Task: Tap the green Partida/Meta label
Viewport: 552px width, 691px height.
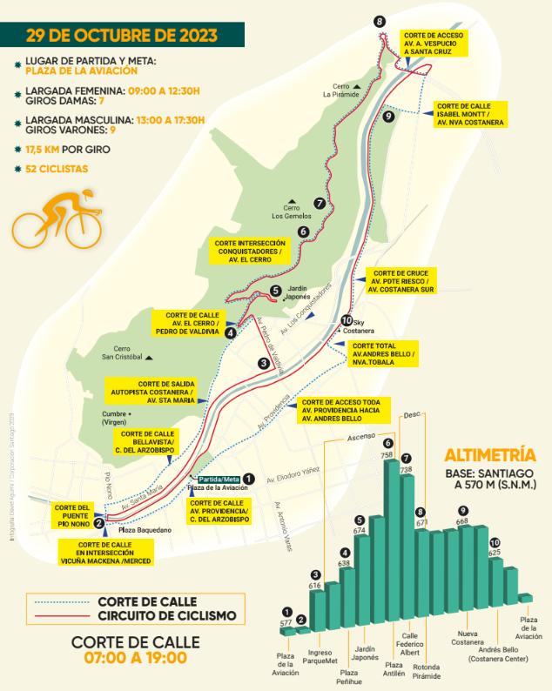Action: click(218, 480)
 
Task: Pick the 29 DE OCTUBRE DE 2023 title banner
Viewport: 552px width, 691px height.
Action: click(121, 37)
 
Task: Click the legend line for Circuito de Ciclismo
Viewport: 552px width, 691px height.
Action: click(57, 615)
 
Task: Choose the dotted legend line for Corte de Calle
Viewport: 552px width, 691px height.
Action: click(57, 601)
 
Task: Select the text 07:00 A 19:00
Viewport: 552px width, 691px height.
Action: click(135, 659)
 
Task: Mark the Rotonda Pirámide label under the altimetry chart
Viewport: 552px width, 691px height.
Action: click(426, 671)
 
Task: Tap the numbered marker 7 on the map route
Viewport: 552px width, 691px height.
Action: click(320, 203)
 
